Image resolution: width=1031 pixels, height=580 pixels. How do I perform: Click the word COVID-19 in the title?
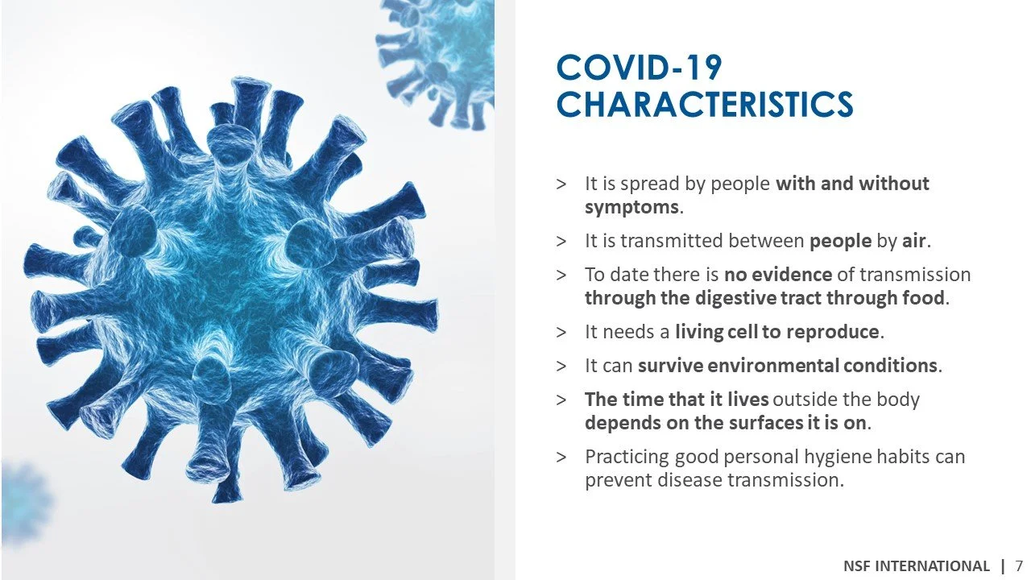tap(639, 68)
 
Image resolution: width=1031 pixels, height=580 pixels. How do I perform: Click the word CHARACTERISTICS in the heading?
tap(704, 105)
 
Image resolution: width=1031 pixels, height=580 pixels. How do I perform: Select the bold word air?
tap(914, 241)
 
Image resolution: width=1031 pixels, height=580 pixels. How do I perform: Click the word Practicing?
tap(627, 457)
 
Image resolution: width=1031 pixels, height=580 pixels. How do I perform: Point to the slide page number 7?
tap(1019, 565)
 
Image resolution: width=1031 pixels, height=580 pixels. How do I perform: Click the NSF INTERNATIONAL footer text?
tap(917, 565)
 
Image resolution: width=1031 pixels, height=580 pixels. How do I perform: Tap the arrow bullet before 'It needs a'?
tap(561, 332)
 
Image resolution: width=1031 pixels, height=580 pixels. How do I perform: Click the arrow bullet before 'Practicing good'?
tap(561, 457)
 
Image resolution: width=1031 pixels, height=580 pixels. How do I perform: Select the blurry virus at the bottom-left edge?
tap(24, 499)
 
